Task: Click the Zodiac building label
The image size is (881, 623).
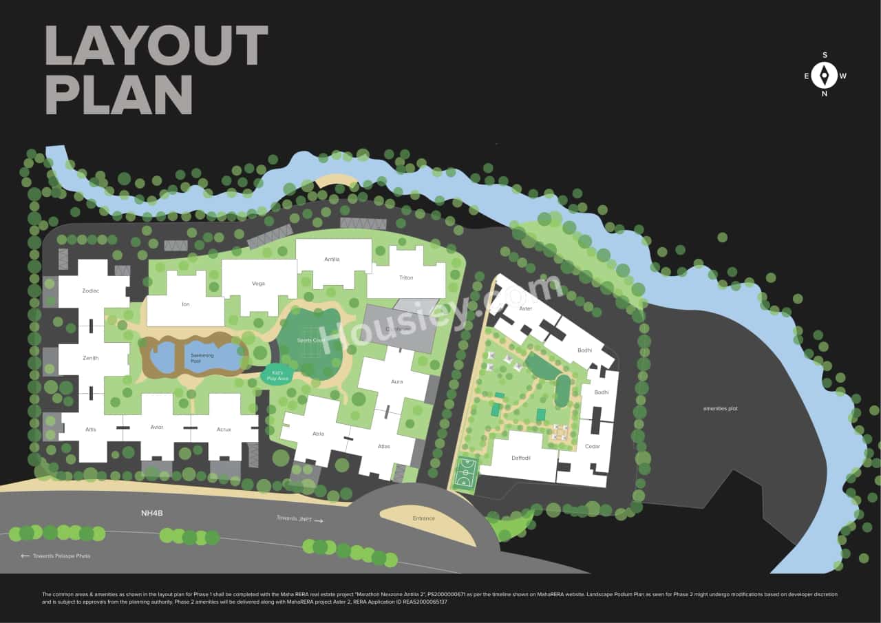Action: click(91, 291)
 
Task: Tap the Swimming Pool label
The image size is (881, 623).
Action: click(202, 356)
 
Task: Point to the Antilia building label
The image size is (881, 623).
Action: click(332, 260)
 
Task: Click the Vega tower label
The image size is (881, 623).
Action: click(258, 284)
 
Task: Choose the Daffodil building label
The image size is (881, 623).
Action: click(521, 458)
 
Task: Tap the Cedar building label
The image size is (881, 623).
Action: click(592, 446)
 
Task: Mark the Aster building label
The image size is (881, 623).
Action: click(526, 309)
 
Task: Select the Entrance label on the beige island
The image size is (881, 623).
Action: click(424, 518)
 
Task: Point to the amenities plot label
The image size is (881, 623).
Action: click(720, 408)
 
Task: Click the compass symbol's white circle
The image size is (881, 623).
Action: click(824, 75)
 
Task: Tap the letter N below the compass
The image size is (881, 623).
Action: click(824, 94)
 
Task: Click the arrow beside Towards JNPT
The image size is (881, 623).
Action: click(318, 521)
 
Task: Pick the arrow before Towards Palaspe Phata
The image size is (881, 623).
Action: click(25, 556)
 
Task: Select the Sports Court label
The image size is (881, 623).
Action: click(311, 341)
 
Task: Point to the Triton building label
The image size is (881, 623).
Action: click(406, 277)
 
